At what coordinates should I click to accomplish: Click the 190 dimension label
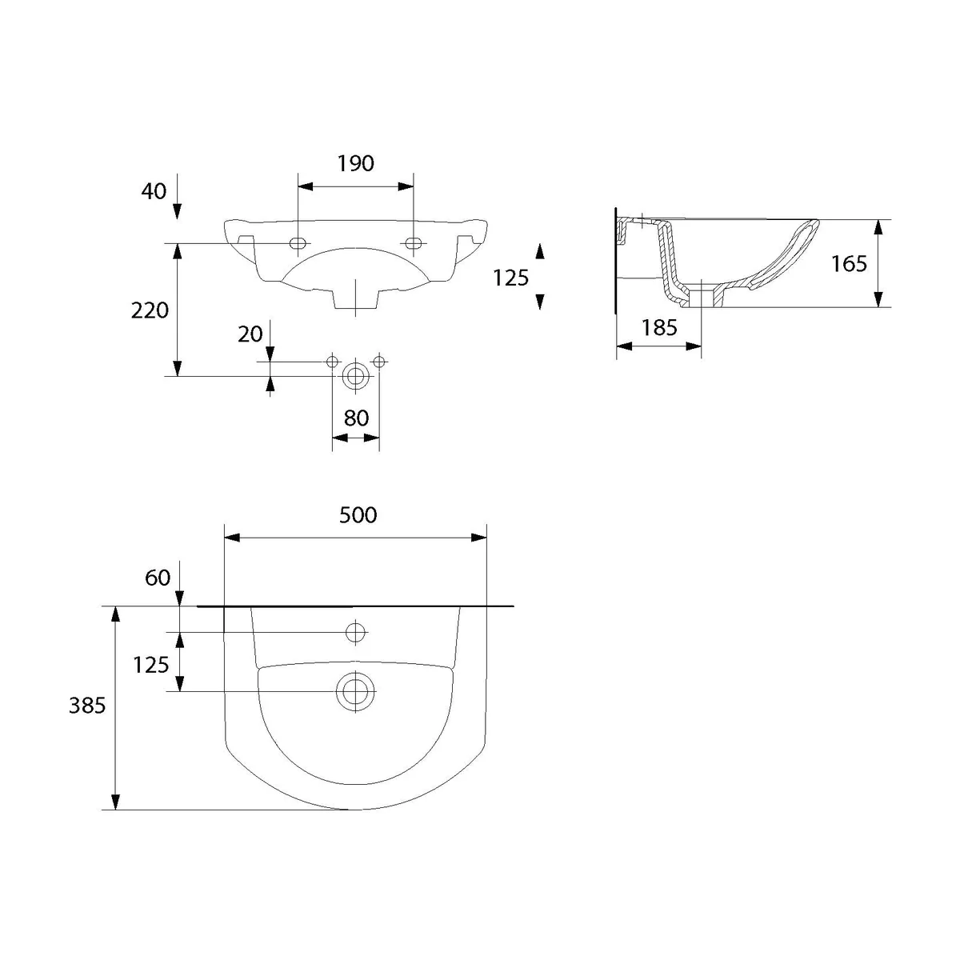(356, 163)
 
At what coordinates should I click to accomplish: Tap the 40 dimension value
(154, 191)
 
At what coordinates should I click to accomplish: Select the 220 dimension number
(150, 311)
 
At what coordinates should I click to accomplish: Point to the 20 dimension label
(250, 334)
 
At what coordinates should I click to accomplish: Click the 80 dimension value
(356, 418)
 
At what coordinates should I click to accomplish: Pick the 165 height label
(849, 263)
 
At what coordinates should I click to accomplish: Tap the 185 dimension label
(659, 328)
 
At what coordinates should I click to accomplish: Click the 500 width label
(358, 515)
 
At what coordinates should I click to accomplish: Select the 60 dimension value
(158, 578)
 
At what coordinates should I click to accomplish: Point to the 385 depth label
(87, 706)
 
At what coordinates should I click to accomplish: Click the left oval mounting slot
(298, 243)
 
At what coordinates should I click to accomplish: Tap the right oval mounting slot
(413, 243)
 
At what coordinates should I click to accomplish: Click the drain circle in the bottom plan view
(355, 691)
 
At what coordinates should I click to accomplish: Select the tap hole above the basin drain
(355, 632)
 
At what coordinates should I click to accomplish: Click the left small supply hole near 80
(332, 362)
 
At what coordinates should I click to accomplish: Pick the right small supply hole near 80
(379, 362)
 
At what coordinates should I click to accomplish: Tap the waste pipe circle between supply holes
(355, 376)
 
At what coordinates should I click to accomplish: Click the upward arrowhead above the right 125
(540, 251)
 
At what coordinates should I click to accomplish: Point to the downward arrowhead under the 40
(178, 212)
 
